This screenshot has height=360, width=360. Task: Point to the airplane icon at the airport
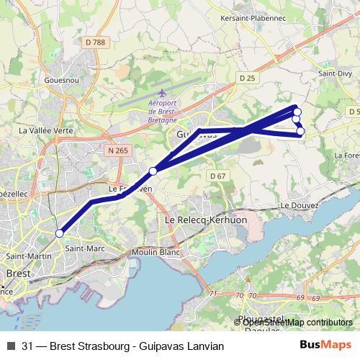click(162, 93)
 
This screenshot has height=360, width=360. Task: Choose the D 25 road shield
click(246, 78)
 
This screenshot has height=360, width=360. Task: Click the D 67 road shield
click(218, 176)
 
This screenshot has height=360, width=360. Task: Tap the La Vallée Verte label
click(46, 131)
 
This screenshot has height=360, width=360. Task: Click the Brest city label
click(17, 274)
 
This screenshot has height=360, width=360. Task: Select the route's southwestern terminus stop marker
click(60, 233)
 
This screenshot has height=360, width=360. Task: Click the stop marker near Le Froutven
click(153, 171)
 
